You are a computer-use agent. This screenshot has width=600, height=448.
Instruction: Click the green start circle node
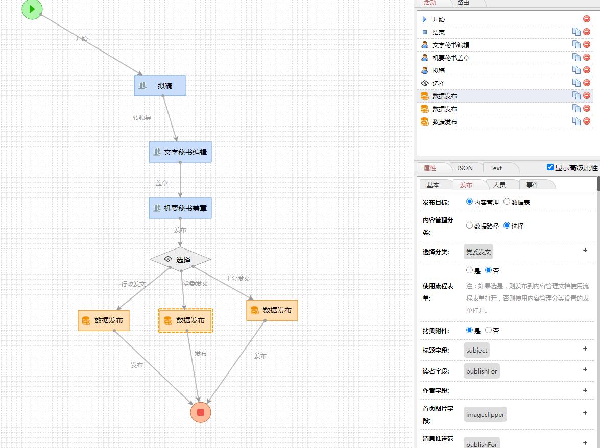pyautogui.click(x=32, y=9)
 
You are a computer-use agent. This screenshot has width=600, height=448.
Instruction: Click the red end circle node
pyautogui.click(x=200, y=412)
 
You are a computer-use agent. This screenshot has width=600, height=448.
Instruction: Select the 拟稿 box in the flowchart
pyautogui.click(x=160, y=86)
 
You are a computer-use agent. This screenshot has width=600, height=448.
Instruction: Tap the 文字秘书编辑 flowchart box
pyautogui.click(x=180, y=152)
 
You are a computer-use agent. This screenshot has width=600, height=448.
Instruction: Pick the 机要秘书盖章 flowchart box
pyautogui.click(x=180, y=208)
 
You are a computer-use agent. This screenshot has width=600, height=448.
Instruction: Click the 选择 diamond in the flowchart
pyautogui.click(x=180, y=259)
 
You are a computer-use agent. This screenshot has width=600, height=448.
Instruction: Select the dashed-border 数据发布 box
pyautogui.click(x=185, y=320)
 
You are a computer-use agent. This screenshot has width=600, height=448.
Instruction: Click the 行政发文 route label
pyautogui.click(x=133, y=284)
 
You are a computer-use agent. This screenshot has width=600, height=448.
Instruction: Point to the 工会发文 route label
pyautogui.click(x=237, y=278)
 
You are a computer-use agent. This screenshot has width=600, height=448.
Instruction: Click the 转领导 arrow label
pyautogui.click(x=142, y=117)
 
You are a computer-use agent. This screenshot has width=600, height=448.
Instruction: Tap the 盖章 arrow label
pyautogui.click(x=162, y=183)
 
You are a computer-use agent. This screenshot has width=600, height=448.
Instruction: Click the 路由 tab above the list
pyautogui.click(x=463, y=3)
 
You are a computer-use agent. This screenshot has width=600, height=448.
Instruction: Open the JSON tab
pyautogui.click(x=465, y=168)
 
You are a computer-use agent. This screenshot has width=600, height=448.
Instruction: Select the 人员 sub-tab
pyautogui.click(x=499, y=185)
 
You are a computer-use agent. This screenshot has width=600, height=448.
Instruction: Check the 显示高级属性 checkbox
pyautogui.click(x=550, y=167)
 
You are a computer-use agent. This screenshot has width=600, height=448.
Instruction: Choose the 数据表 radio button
pyautogui.click(x=507, y=202)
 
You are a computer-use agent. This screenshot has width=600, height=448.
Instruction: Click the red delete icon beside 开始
pyautogui.click(x=587, y=19)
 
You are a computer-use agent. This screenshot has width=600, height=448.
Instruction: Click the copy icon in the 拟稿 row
pyautogui.click(x=576, y=70)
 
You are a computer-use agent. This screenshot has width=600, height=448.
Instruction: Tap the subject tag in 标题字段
pyautogui.click(x=477, y=350)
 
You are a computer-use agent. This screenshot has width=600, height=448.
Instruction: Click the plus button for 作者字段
pyautogui.click(x=585, y=390)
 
